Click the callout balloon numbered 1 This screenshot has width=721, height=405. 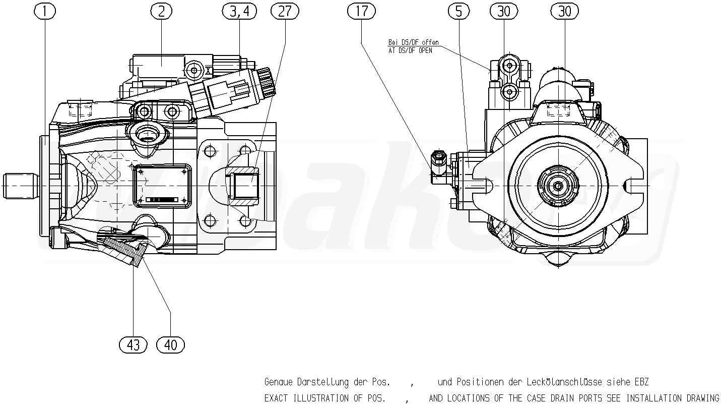45,11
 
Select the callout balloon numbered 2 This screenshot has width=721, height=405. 161,11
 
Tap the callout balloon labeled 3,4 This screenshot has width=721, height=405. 239,11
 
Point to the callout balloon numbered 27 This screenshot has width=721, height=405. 285,11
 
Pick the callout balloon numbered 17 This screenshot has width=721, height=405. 361,11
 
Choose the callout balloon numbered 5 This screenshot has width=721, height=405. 459,11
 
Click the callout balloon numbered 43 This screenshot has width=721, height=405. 133,345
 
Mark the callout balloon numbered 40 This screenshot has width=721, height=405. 171,345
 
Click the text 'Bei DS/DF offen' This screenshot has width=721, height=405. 413,42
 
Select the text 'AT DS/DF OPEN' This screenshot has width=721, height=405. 410,50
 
